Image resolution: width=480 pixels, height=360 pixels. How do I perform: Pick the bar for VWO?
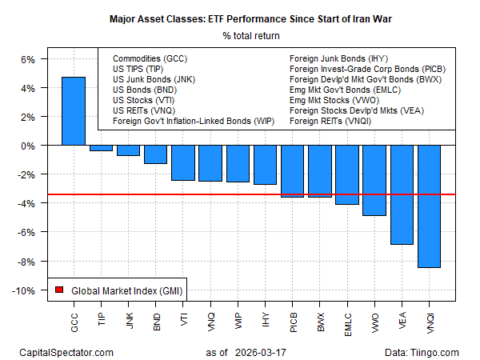(x=374, y=181)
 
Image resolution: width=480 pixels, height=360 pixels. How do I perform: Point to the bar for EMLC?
(x=347, y=175)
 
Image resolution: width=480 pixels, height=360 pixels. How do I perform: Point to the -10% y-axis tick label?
(x=24, y=290)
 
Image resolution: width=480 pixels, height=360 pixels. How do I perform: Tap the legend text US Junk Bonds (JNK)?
(x=154, y=80)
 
